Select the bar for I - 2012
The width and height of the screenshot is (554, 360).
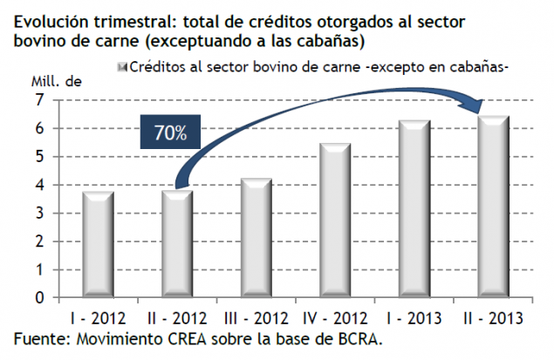point(99,245)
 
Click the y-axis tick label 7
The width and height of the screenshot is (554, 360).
point(39,100)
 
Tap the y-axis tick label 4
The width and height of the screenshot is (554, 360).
point(39,185)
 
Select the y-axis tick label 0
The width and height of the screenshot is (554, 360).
point(39,297)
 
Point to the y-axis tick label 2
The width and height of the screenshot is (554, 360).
point(39,241)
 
